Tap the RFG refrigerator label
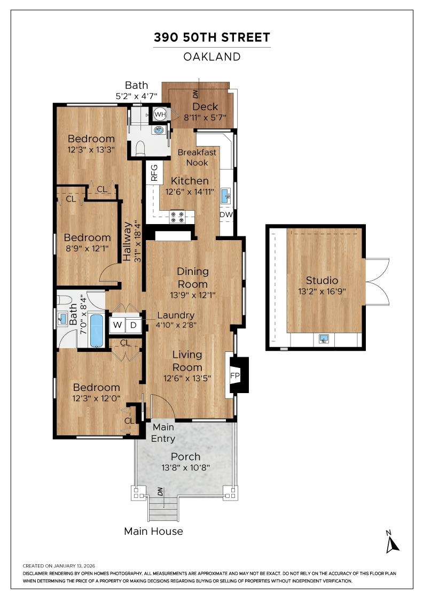154,173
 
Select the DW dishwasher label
226,215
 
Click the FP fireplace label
234,375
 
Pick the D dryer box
134,325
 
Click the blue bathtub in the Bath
97,330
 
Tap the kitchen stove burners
177,217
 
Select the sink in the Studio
323,339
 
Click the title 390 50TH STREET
212,37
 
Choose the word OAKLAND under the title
212,56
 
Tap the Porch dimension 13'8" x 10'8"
186,467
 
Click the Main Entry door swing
163,407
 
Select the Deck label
206,107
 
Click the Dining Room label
193,278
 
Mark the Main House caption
153,531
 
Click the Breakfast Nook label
197,157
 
